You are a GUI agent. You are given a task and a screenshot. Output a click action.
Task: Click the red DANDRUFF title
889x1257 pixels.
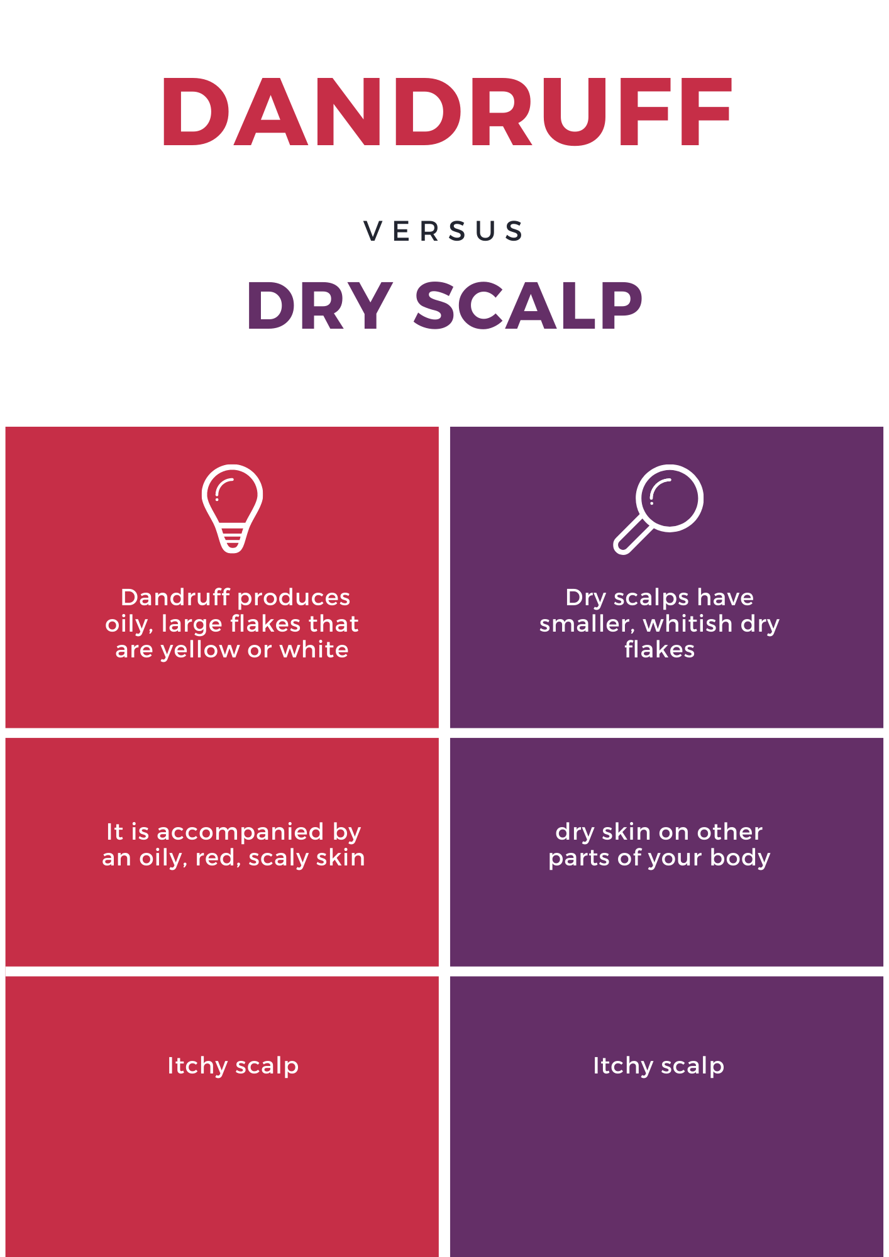pos(446,113)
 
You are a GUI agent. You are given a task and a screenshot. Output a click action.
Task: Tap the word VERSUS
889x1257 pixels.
pos(444,231)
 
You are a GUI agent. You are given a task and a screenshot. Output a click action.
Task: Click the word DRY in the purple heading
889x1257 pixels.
pos(320,305)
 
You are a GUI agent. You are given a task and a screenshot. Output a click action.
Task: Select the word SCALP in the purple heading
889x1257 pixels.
pos(528,305)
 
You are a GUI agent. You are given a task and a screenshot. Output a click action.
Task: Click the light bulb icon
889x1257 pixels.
pos(233,509)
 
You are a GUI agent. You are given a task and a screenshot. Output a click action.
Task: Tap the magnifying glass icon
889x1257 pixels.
pos(658,509)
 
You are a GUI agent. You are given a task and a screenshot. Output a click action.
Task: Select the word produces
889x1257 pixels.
pos(299,598)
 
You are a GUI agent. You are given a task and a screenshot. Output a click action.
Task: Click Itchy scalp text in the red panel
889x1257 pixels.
pos(233,1066)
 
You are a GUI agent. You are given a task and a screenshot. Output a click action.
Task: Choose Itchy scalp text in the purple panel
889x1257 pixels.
pos(659,1066)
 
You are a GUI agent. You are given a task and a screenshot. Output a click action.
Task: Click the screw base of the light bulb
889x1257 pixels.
pos(233,540)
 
